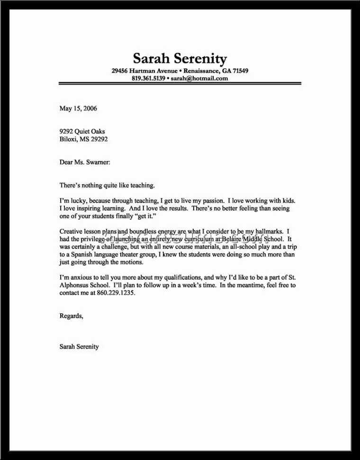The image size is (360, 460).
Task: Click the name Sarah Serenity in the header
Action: pos(180,59)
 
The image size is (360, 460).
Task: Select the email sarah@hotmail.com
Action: pos(199,78)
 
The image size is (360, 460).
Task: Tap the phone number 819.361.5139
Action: pos(148,78)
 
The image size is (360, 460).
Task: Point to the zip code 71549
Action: pos(239,71)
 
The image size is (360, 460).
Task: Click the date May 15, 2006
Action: pos(78,108)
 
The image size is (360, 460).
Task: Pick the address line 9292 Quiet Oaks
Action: pos(82,132)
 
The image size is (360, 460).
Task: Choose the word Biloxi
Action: pos(69,139)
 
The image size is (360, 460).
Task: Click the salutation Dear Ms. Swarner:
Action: pos(85,162)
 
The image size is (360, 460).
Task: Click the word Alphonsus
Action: pos(77,285)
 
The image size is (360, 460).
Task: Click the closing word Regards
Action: pos(71,316)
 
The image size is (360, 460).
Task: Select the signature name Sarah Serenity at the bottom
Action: pos(79,346)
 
